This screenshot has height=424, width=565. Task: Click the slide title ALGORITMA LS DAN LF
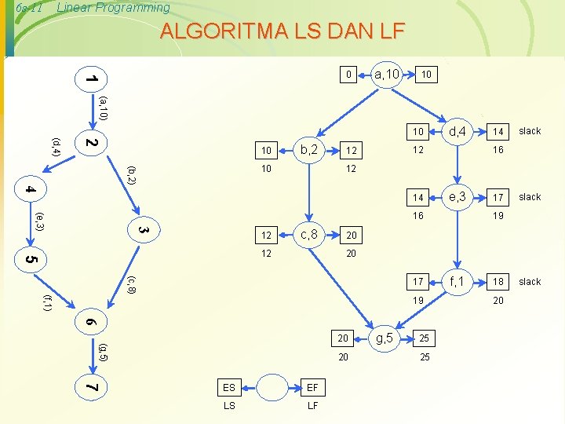click(x=282, y=31)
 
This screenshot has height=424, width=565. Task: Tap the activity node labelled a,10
click(x=387, y=75)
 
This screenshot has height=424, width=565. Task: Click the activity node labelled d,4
click(x=458, y=130)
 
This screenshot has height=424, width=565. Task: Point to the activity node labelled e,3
click(x=458, y=196)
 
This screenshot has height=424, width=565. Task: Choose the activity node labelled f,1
click(x=458, y=280)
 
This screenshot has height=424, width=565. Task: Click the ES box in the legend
click(x=229, y=388)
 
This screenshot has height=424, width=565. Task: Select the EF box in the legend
click(x=312, y=388)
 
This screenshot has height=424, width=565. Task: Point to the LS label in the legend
click(x=229, y=406)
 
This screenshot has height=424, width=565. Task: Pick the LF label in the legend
click(x=312, y=406)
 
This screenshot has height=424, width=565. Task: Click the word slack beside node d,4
click(x=530, y=131)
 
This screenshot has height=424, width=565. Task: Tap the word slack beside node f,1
click(x=530, y=281)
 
